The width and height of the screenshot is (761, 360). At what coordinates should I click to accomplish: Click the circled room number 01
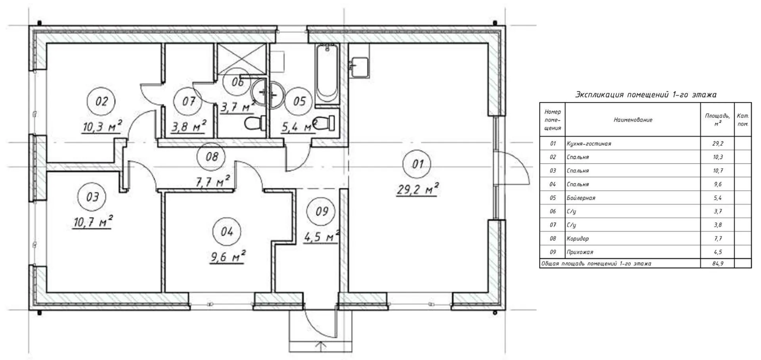coord(418,164)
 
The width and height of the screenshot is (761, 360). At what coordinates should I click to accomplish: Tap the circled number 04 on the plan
coord(227,232)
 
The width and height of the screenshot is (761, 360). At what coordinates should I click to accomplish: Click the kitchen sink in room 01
coord(359,67)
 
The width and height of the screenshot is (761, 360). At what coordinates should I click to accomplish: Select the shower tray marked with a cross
coord(241,59)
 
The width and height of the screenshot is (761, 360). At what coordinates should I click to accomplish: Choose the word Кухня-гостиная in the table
coord(589,144)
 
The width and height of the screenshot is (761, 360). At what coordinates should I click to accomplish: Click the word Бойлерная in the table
coord(581,198)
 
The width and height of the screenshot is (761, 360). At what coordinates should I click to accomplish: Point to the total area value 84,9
coord(717,263)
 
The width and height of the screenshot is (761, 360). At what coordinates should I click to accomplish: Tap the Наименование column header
coord(633,120)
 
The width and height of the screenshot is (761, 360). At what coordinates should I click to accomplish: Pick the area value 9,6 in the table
coord(717,184)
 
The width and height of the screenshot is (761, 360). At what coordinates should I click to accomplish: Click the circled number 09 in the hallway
coord(322,211)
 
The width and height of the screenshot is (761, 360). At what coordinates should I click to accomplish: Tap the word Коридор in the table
coord(578,238)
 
